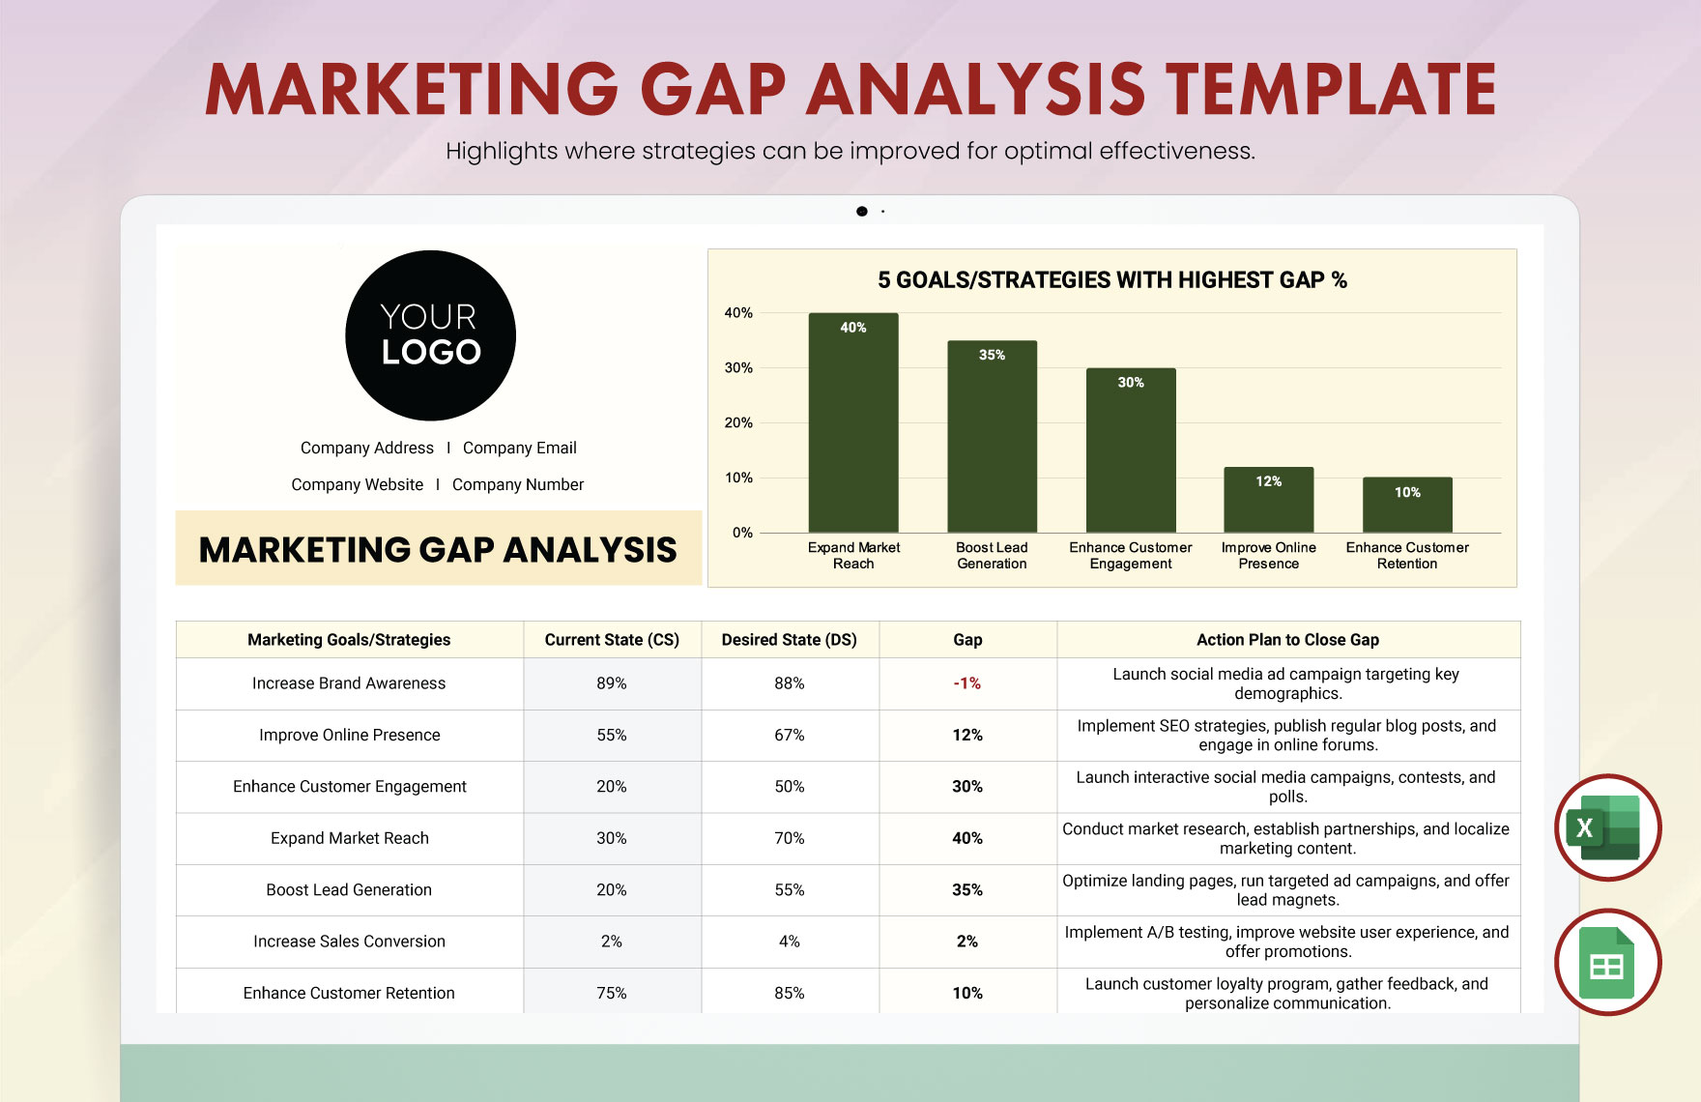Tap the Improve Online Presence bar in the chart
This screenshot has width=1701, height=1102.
1268,500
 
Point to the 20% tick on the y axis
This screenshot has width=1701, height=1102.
738,422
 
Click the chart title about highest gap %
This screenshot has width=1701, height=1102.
1111,280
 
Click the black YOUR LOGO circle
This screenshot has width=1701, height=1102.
430,335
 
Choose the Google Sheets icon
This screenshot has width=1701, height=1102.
1607,963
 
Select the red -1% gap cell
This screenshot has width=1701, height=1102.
966,683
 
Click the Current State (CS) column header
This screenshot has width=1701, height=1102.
612,640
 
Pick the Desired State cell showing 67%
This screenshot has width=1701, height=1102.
789,735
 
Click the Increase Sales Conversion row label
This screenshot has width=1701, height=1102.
349,942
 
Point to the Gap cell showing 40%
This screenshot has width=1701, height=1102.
966,838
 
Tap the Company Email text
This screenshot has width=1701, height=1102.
519,448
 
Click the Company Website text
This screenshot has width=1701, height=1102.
357,484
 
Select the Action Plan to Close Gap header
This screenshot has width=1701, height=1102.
1287,640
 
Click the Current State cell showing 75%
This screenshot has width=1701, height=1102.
612,993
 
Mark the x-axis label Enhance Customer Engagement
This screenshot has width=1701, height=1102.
1130,555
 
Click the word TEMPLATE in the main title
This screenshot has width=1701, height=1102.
1331,89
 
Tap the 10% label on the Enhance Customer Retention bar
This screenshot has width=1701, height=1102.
1407,492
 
